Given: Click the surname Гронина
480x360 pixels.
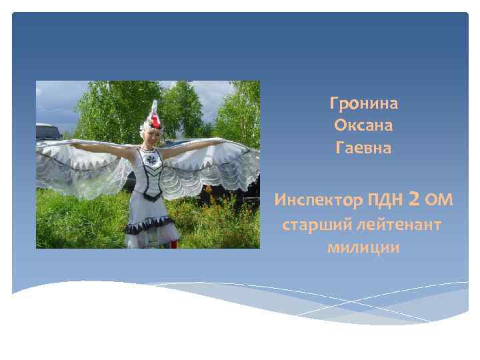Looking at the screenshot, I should tap(363, 103).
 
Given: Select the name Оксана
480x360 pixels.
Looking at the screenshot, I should tap(363, 125).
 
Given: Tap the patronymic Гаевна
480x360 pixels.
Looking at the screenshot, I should tap(363, 148).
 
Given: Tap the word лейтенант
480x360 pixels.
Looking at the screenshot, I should tap(400, 225).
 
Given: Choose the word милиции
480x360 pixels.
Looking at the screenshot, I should tap(363, 248).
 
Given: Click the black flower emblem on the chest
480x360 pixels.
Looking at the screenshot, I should tap(151, 162).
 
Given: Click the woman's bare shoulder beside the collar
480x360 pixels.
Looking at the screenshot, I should tap(137, 151).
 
